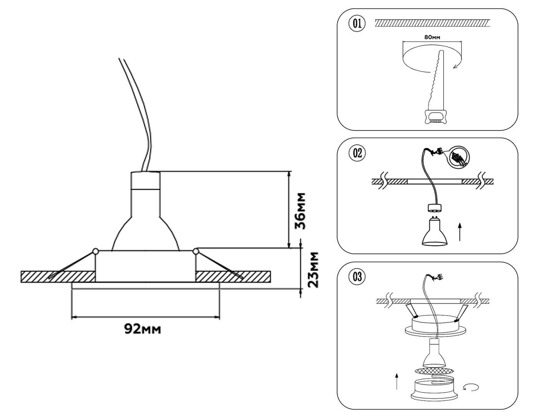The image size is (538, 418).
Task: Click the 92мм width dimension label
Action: [142, 329]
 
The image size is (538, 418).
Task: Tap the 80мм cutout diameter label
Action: [432, 37]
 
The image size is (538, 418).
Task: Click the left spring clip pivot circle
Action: [95, 252]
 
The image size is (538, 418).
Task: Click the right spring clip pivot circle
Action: [196, 252]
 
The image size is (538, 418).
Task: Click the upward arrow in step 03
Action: [396, 380]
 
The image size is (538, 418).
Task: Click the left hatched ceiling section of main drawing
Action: [58, 277]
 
